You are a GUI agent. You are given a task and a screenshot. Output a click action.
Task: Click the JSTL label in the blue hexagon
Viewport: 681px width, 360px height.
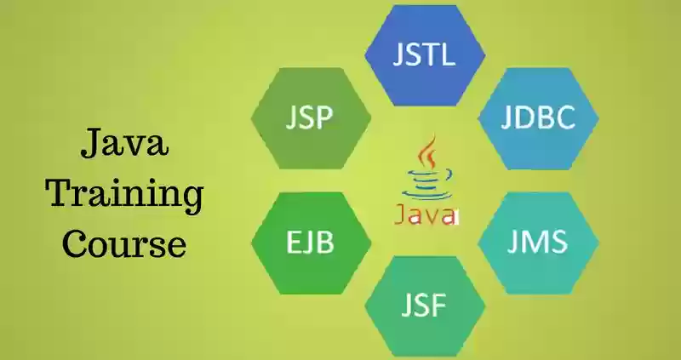(424, 54)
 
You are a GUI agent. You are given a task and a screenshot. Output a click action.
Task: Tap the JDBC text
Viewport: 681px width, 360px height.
(538, 117)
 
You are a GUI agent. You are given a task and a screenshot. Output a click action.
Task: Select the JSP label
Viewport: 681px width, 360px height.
(310, 117)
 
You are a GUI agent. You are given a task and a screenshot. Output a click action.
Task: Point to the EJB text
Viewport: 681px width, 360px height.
(310, 242)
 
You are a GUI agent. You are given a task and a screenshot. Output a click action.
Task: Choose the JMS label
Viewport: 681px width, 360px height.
(538, 242)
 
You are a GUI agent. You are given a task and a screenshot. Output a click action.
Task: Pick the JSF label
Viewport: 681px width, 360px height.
(423, 305)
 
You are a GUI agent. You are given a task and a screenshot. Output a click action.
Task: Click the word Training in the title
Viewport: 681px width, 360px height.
(124, 193)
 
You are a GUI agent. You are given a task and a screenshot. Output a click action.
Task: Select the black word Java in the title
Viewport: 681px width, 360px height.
(124, 142)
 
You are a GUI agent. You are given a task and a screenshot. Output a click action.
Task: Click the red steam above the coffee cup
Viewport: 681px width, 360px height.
(427, 152)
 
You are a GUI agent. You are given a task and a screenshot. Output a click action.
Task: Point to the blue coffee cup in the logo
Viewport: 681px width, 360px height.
(428, 185)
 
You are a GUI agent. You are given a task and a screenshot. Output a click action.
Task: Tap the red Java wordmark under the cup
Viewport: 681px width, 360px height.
(426, 215)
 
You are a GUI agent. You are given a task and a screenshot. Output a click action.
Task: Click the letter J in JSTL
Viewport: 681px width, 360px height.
(398, 54)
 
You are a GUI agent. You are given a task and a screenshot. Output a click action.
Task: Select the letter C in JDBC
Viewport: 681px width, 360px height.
(565, 117)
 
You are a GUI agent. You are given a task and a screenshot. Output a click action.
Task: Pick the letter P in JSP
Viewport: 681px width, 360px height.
(325, 117)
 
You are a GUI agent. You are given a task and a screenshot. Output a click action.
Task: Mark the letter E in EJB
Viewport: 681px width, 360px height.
(293, 242)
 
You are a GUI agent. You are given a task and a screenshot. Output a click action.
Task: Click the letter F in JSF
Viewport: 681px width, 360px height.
(439, 305)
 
